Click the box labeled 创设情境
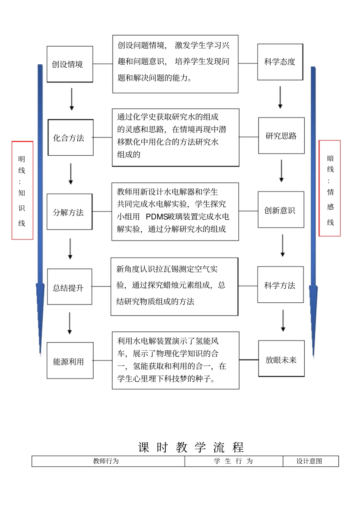tap(70, 64)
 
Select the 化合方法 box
tap(70, 138)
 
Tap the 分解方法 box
tap(69, 212)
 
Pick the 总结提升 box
tap(69, 287)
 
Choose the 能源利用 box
tap(70, 361)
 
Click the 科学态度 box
tap(280, 62)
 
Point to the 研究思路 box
tap(281, 136)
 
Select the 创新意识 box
tap(281, 209)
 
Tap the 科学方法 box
tap(280, 284)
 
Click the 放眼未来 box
tap(281, 359)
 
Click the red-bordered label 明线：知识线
tap(22, 190)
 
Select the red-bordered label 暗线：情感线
tap(330, 188)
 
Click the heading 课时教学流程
tap(191, 447)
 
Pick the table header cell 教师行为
tap(106, 461)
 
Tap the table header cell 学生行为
tap(233, 461)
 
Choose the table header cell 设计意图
tap(310, 461)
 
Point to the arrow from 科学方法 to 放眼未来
tap(283, 321)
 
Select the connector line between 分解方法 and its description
tap(102, 211)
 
